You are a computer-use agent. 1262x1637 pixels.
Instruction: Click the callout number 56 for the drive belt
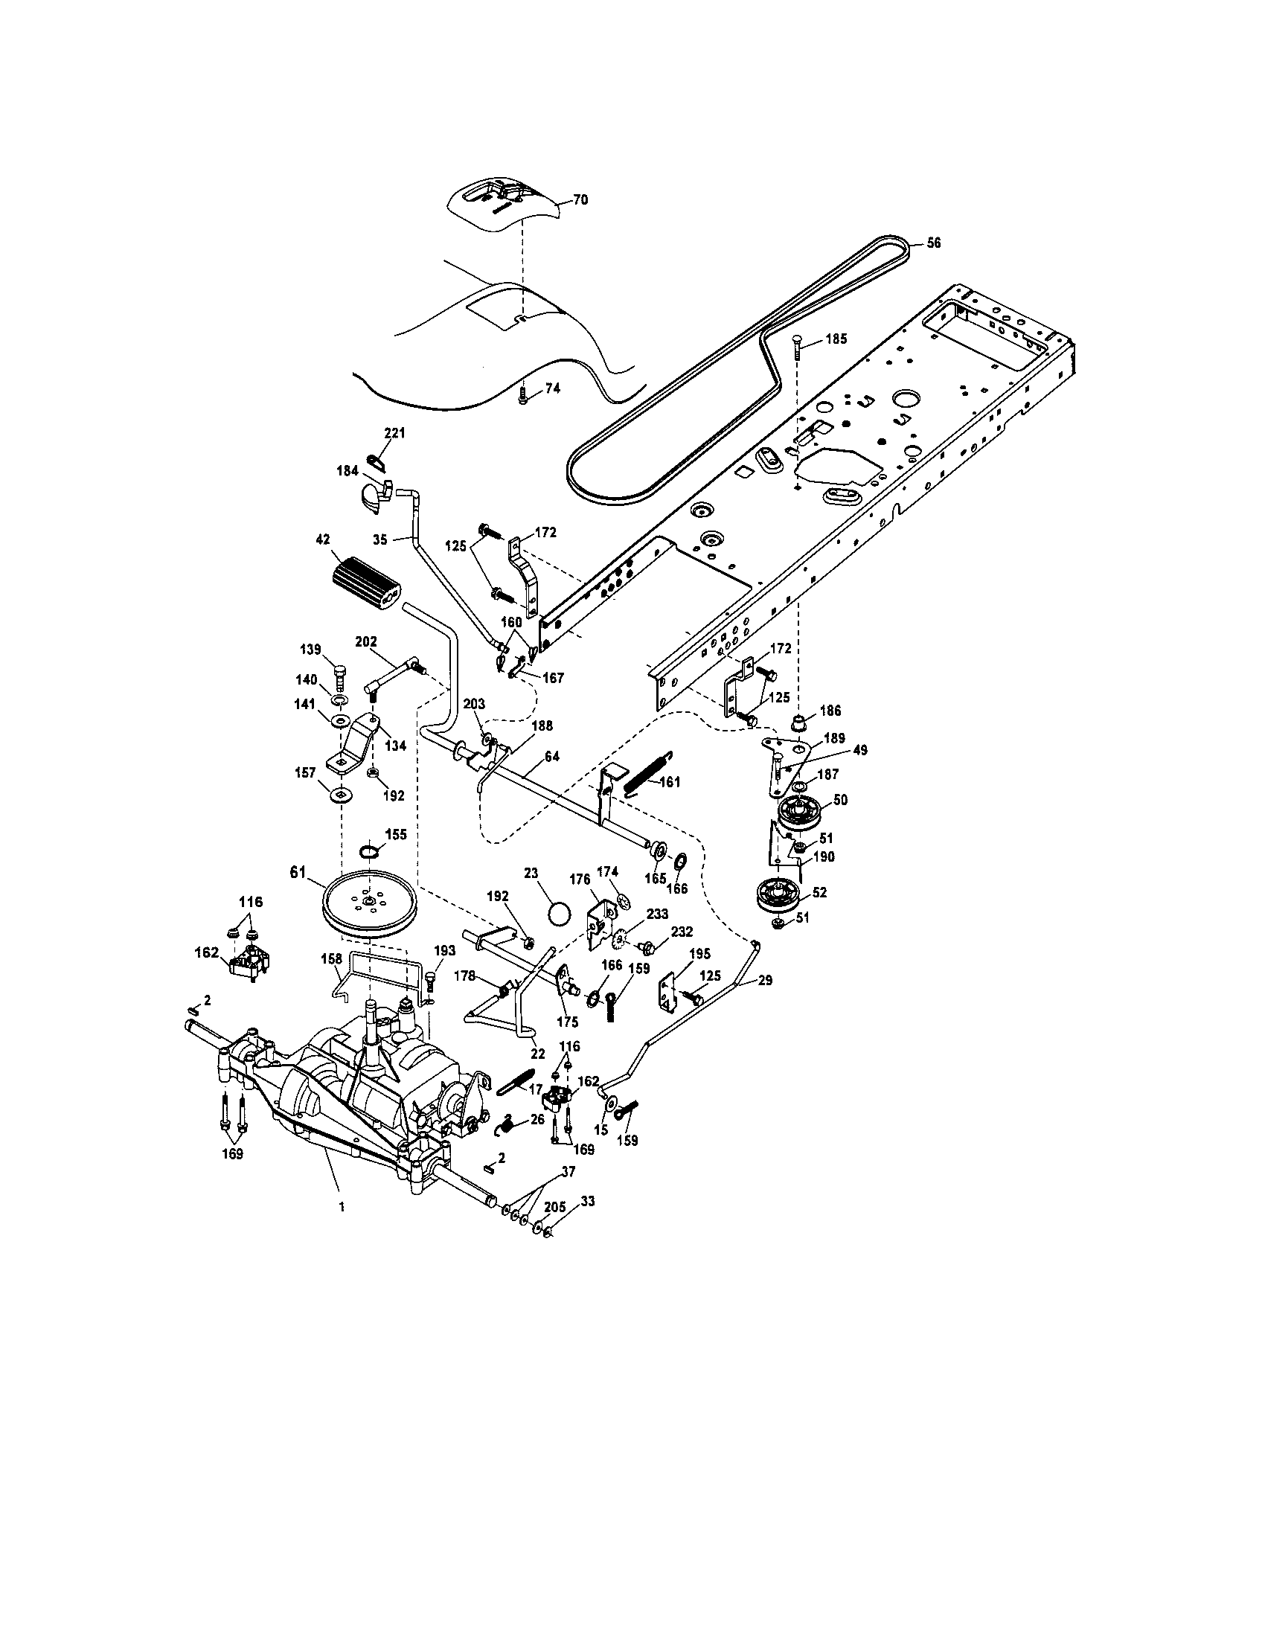[x=933, y=243]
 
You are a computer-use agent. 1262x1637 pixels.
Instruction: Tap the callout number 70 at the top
[x=581, y=200]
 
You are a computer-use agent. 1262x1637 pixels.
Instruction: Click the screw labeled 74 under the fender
[x=524, y=397]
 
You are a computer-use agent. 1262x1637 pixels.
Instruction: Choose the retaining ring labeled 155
[x=370, y=850]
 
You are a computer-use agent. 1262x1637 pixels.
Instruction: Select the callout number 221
[x=394, y=433]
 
